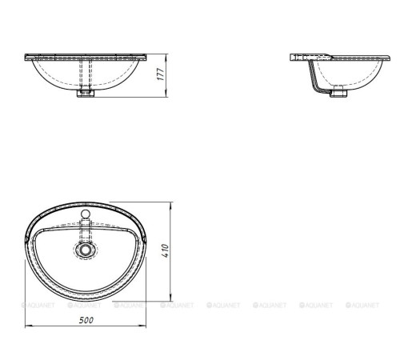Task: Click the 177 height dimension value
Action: (160, 74)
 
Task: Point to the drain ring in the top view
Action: (86, 250)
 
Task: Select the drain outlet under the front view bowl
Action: (85, 94)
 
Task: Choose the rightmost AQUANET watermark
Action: (366, 305)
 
